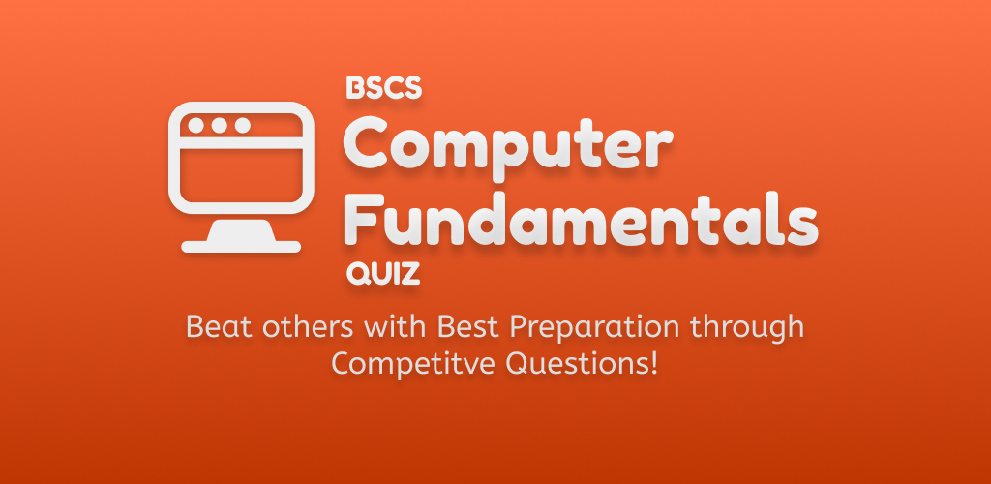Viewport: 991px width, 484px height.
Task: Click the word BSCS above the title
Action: click(383, 88)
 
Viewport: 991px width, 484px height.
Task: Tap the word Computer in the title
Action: click(507, 146)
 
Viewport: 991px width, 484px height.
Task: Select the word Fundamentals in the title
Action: click(581, 219)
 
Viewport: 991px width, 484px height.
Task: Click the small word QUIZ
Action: click(383, 274)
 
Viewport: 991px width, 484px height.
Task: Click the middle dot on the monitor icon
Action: click(220, 125)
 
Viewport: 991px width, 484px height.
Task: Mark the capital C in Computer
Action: click(366, 142)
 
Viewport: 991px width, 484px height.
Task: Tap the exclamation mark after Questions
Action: click(654, 363)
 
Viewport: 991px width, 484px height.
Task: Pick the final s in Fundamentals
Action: click(801, 225)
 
